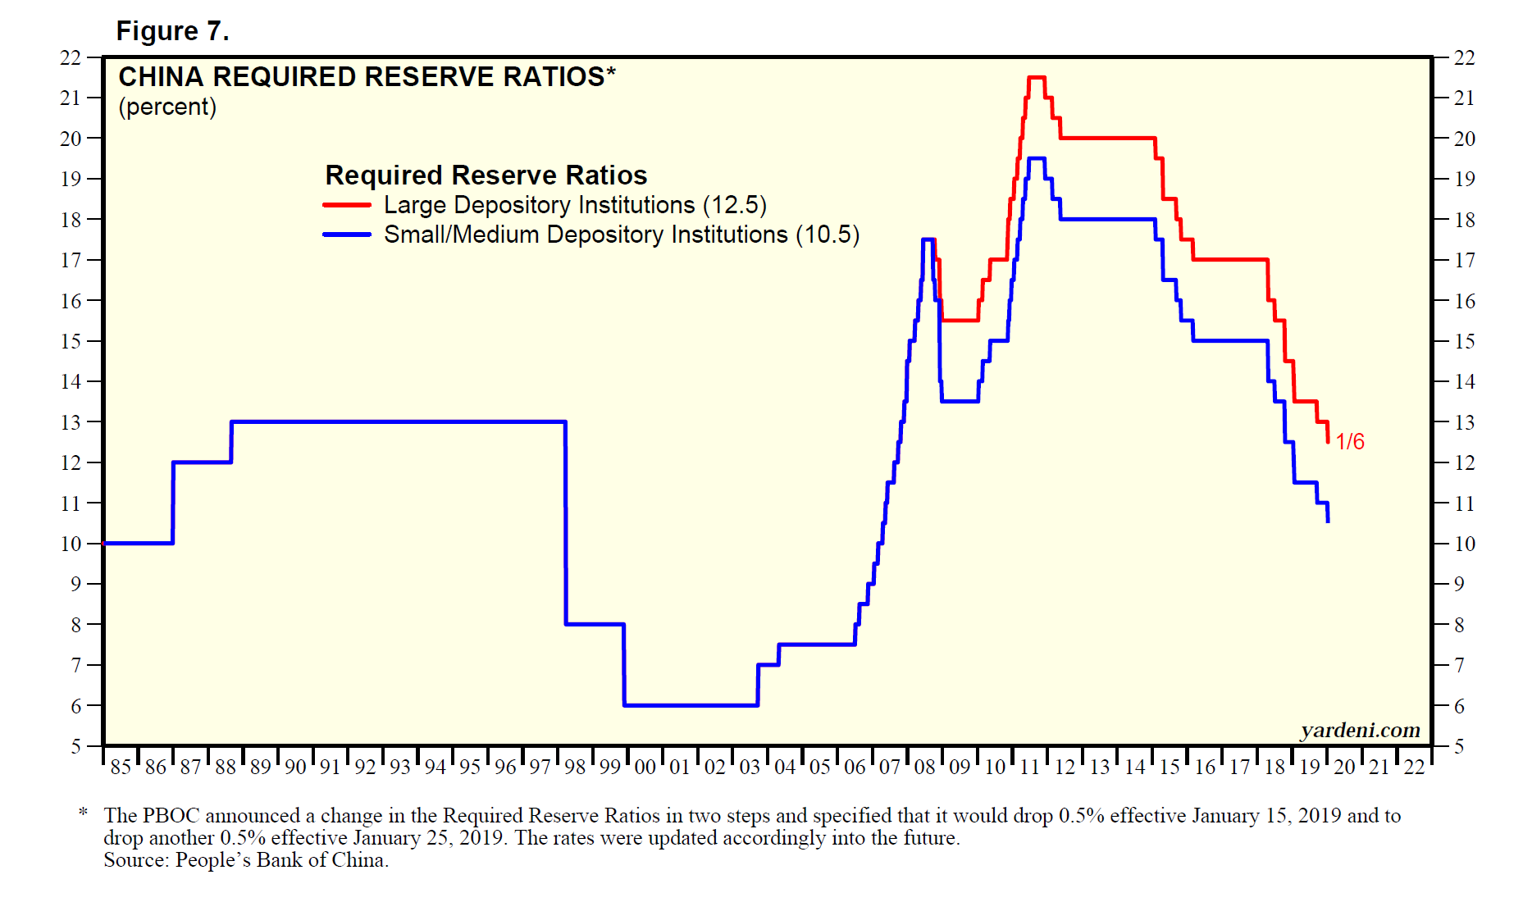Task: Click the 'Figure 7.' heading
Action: (x=172, y=31)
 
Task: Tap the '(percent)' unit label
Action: (x=167, y=107)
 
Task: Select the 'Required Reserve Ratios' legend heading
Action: (x=486, y=175)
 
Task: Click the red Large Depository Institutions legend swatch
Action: (x=347, y=205)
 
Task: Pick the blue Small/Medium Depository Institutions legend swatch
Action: (x=347, y=235)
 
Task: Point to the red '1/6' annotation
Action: (x=1349, y=442)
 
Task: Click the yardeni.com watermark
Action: (x=1360, y=730)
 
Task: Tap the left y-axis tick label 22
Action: (x=71, y=58)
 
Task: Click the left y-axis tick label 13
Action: (x=71, y=422)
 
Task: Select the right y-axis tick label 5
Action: (x=1459, y=746)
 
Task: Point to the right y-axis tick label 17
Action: (x=1464, y=260)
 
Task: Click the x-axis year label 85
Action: (x=121, y=767)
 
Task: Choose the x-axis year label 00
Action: (x=645, y=767)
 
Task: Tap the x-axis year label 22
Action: (x=1414, y=767)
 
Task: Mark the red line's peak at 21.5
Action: (x=1036, y=77)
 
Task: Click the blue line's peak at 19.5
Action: (x=1036, y=158)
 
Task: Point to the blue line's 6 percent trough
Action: (x=691, y=705)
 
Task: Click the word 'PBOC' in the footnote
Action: (x=171, y=816)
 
